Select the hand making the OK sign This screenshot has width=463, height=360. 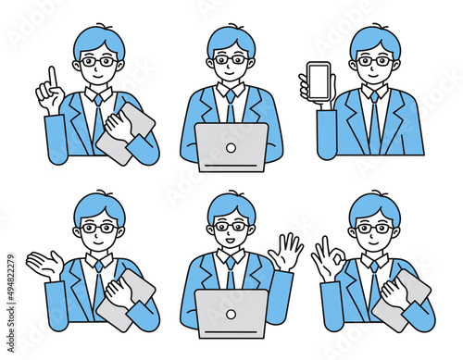coord(327,260)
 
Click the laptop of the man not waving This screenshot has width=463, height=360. coord(232,146)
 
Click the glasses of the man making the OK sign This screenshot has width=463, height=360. coord(373,228)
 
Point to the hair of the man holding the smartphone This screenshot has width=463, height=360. coord(375,38)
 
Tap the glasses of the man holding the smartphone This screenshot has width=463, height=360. coord(374,61)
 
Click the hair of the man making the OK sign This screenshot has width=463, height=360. coord(374,205)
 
